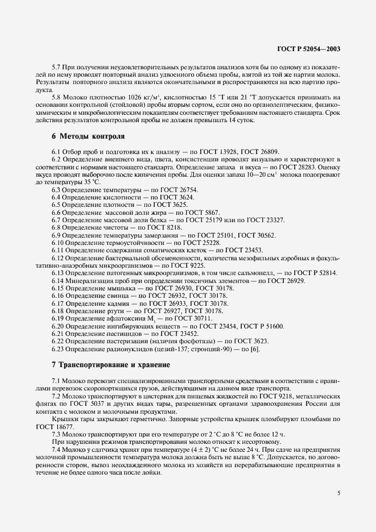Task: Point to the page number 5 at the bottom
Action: (338, 493)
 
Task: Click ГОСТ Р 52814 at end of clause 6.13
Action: (315, 273)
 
